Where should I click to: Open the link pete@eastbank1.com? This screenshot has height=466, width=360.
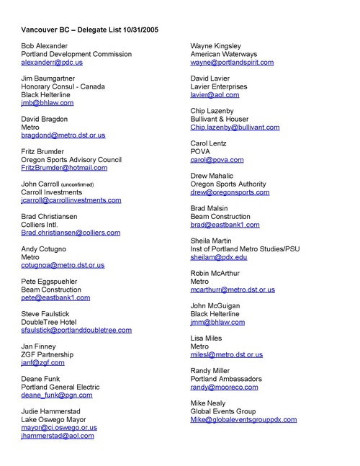click(x=55, y=297)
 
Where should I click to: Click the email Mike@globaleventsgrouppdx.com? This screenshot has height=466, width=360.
click(x=243, y=419)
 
